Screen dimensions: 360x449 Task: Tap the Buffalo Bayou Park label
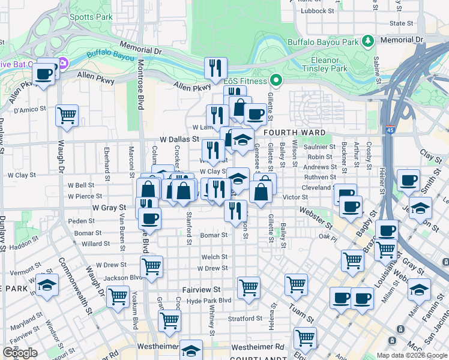323,42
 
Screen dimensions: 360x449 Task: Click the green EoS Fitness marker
276,80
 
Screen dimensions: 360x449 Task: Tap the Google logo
20,353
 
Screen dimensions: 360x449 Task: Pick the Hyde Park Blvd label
208,300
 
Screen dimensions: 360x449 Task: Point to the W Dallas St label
179,139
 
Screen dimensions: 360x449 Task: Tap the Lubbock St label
318,11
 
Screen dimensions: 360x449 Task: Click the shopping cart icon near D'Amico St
67,115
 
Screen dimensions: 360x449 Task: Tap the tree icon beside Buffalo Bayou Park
367,41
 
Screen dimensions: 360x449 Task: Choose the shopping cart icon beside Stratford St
170,320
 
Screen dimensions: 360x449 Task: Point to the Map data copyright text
411,355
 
